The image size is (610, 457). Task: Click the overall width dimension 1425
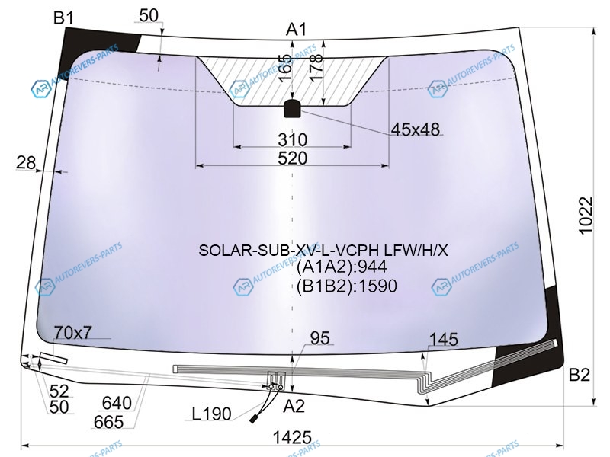292,437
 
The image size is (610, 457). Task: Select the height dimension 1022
586,216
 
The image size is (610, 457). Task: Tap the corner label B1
63,18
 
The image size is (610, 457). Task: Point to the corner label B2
579,375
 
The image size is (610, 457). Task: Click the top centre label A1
297,29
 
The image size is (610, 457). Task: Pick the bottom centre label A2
294,407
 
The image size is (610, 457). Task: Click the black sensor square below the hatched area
293,108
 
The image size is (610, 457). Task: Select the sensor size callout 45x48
415,129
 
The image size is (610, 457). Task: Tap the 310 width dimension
293,139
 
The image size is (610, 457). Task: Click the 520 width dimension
293,158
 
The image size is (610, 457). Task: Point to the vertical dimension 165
286,68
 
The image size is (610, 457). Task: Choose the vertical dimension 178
316,67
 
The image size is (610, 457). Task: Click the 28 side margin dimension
26,162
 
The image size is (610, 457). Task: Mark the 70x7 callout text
73,332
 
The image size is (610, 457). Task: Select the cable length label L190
212,414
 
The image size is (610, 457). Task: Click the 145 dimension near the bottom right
444,339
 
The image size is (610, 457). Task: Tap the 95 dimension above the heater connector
320,338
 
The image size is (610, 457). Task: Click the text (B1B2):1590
347,286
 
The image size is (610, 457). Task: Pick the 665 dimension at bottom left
108,422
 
